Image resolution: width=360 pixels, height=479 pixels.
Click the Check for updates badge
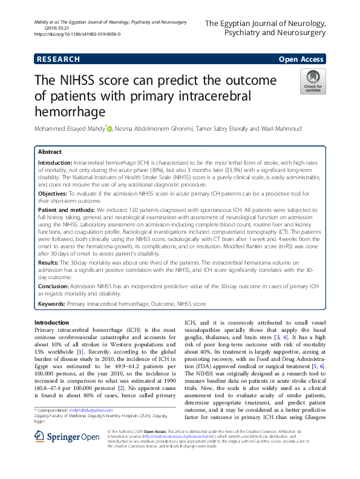313,81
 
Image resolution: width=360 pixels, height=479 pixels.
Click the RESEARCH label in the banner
57,59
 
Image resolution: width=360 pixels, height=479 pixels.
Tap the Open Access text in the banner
302,59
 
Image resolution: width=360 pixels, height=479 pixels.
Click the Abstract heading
50,152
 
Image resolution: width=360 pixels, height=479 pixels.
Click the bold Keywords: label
52,302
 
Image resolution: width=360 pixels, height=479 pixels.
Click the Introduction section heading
52,322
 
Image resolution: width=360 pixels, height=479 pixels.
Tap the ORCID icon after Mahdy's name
110,128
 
